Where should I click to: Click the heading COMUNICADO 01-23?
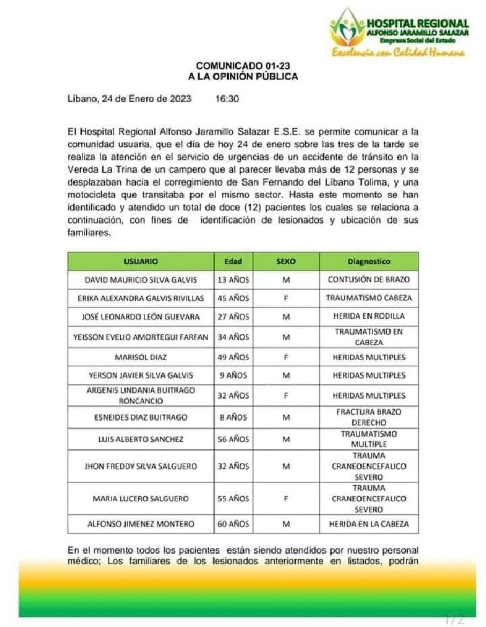pos(242,66)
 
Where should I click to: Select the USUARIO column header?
pos(141,261)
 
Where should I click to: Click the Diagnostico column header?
pos(369,261)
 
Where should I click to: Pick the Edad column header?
pos(233,261)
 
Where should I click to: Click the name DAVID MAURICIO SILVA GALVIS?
pos(141,279)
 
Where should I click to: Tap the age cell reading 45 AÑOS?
pos(233,298)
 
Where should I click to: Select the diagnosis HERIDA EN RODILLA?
pos(369,316)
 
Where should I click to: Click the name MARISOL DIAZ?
pos(141,357)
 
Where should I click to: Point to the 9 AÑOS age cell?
pos(233,375)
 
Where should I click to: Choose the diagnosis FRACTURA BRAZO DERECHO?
pos(369,417)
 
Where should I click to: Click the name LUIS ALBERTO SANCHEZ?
pos(141,439)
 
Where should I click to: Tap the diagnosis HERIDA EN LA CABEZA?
pos(369,524)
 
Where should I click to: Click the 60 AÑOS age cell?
pos(233,524)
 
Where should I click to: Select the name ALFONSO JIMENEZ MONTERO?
pos(141,524)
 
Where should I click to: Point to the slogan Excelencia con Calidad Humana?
pos(398,53)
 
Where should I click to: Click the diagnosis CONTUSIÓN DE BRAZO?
pos(369,279)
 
